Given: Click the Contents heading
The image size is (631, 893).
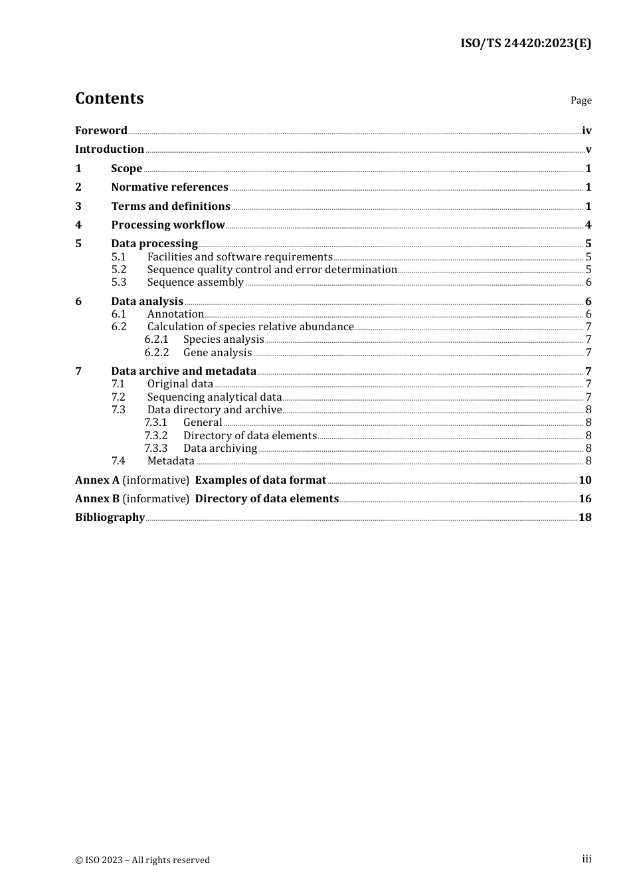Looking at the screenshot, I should pyautogui.click(x=109, y=98).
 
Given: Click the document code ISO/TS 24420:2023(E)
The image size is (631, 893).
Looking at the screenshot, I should pyautogui.click(x=525, y=43).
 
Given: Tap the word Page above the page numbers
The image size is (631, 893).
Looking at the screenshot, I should pyautogui.click(x=581, y=100).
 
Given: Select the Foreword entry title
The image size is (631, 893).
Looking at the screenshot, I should pyautogui.click(x=101, y=130).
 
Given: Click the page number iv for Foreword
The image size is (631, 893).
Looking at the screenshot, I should pyautogui.click(x=586, y=130).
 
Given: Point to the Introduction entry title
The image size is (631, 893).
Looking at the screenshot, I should pyautogui.click(x=110, y=149).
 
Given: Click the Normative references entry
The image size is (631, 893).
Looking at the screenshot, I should pyautogui.click(x=169, y=187).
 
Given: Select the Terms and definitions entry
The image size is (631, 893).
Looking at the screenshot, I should pyautogui.click(x=171, y=206).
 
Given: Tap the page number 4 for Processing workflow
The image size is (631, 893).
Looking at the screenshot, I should pyautogui.click(x=588, y=225).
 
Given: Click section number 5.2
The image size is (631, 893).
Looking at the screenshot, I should pyautogui.click(x=119, y=269).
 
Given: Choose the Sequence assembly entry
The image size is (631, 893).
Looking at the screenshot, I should pyautogui.click(x=195, y=282).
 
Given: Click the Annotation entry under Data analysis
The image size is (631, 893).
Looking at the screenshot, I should pyautogui.click(x=175, y=314).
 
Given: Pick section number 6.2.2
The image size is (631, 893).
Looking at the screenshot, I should pyautogui.click(x=157, y=352).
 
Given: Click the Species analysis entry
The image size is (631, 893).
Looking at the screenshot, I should pyautogui.click(x=223, y=339).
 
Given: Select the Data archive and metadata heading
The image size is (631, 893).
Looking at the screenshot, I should pyautogui.click(x=183, y=371).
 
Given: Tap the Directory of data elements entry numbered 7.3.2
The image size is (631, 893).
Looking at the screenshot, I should pyautogui.click(x=250, y=435).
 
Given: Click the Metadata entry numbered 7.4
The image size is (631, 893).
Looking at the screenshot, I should pyautogui.click(x=171, y=460).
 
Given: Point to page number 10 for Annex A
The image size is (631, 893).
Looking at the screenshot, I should pyautogui.click(x=585, y=480).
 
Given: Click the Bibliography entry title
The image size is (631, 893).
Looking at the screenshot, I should pyautogui.click(x=110, y=517).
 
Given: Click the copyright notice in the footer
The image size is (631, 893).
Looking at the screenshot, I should pyautogui.click(x=142, y=860).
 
